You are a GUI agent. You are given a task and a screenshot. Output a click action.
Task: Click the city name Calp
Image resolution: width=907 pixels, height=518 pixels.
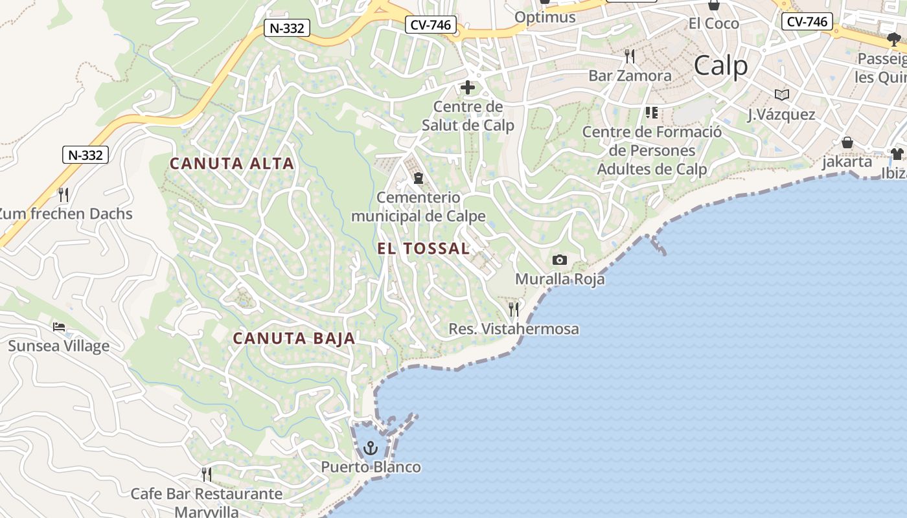pos(720,65)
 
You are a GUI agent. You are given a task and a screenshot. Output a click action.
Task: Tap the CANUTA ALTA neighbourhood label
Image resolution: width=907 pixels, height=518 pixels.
pos(232,164)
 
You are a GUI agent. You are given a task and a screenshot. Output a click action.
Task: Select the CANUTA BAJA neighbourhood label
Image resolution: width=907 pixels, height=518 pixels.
pos(294,338)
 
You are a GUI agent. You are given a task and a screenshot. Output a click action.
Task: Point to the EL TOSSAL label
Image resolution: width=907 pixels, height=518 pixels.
pos(424,249)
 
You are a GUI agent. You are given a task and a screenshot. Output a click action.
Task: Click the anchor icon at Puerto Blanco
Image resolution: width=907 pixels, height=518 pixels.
pos(371,447)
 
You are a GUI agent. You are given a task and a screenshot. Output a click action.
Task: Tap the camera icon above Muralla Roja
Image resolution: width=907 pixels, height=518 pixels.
pos(560,260)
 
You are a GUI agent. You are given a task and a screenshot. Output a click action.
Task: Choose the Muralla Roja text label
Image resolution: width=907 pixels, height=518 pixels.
pos(560,279)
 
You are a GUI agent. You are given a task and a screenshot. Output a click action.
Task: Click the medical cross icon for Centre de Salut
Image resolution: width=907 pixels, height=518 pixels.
pos(468,87)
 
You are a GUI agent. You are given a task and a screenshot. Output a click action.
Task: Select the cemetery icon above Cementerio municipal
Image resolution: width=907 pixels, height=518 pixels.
pos(419,178)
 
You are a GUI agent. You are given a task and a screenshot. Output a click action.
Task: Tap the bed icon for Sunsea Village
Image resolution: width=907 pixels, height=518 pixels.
pos(59,327)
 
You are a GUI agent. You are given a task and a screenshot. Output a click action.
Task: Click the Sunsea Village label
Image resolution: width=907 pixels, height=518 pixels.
pos(59,346)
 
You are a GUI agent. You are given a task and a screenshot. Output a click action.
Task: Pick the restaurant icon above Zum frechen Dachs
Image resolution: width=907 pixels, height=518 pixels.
pos(63,194)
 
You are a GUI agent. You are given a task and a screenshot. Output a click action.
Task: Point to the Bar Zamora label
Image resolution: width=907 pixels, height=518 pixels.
pos(630,76)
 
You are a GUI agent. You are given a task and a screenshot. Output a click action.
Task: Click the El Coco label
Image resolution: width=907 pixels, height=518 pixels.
pos(714,23)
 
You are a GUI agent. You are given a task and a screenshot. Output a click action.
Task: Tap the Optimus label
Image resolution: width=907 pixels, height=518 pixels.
pos(545,17)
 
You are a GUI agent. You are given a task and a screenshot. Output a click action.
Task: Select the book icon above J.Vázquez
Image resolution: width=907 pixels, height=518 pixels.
pos(782,95)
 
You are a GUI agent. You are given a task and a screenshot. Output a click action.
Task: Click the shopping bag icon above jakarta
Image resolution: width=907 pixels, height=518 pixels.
pos(847,142)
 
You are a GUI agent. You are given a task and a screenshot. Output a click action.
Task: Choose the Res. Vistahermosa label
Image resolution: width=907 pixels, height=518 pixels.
pos(514,329)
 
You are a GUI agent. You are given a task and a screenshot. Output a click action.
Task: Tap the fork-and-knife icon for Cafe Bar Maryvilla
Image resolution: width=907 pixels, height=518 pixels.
pos(207,475)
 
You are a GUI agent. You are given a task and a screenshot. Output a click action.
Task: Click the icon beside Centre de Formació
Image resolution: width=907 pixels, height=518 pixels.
pos(652,113)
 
